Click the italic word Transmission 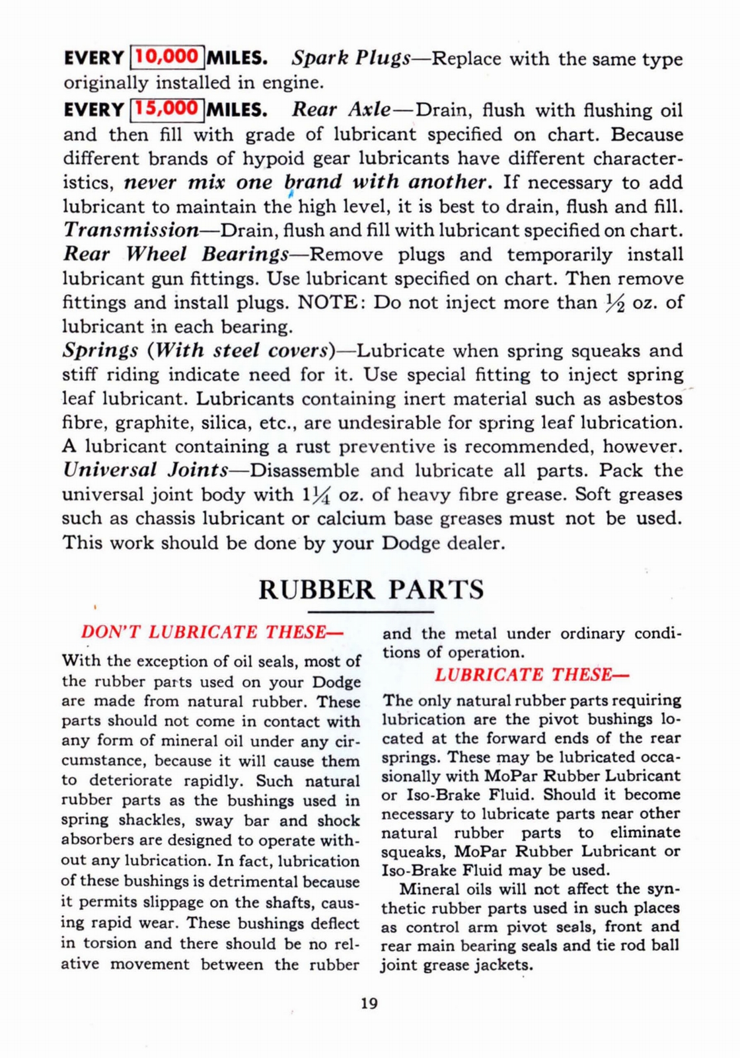131,230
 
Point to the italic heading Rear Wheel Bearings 176,254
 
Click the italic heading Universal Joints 145,470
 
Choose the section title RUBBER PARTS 371,589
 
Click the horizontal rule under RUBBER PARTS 371,612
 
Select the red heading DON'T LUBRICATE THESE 213,631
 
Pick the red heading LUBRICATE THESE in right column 532,675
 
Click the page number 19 369,1004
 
